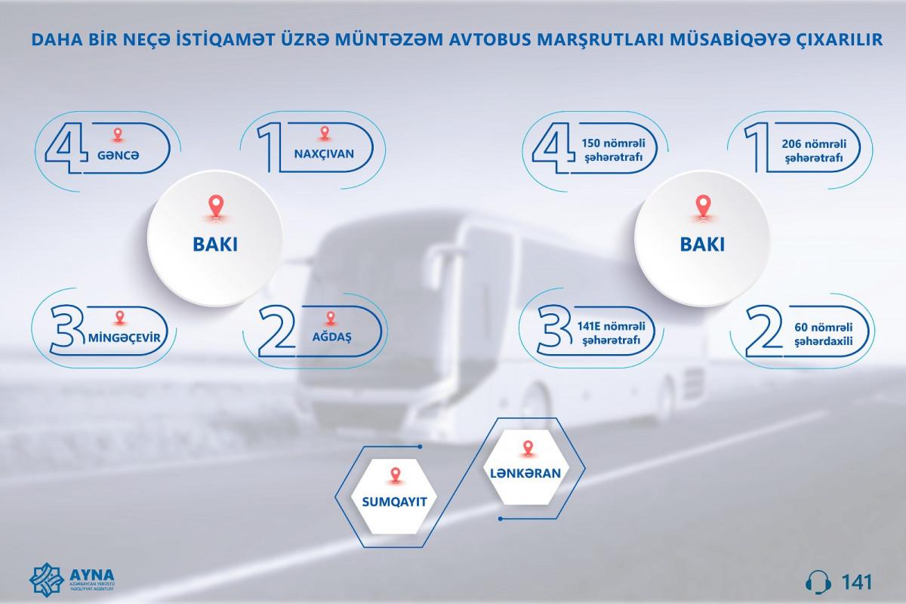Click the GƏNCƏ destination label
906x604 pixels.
[x=118, y=156]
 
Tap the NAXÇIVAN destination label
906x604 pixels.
[x=324, y=154]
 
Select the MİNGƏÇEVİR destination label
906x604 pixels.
[x=124, y=337]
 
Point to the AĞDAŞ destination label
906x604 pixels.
[x=331, y=337]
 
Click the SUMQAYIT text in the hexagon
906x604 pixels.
[x=394, y=502]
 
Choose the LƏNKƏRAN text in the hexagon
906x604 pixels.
[x=525, y=473]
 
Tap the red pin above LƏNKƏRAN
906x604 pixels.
[x=528, y=449]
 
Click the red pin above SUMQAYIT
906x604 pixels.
[x=395, y=476]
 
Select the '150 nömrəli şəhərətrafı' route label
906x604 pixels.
[x=613, y=150]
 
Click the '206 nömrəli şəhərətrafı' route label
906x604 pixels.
[x=814, y=151]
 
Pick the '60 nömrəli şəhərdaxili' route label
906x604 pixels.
[x=823, y=334]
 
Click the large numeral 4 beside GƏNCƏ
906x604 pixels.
[x=66, y=148]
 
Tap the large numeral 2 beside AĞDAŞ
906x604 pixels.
[x=277, y=331]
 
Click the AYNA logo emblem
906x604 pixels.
[x=47, y=579]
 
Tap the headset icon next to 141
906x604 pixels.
[x=818, y=582]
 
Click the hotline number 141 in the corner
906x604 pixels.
[x=857, y=582]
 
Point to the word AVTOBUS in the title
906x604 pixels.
[x=488, y=40]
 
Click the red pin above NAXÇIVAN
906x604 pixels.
[x=325, y=133]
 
